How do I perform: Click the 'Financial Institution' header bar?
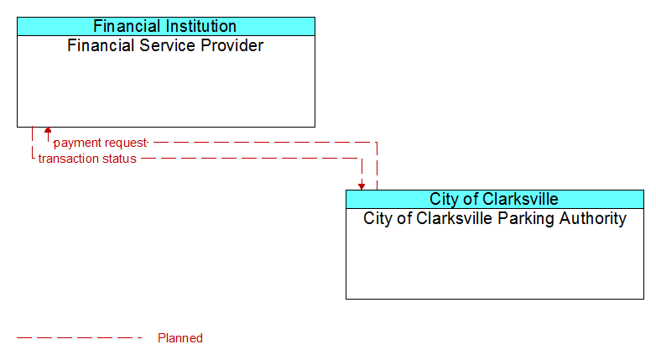coord(166,26)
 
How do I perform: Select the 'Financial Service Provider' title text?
coord(165,45)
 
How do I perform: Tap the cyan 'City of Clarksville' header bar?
coord(494,199)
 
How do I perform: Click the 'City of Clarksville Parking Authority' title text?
coord(494,218)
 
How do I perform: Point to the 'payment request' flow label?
coord(101,143)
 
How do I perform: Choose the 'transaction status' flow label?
coord(87,159)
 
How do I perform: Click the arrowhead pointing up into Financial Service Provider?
coord(48,130)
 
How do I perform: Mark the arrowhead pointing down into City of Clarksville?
coord(362,186)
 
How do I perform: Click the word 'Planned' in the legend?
coord(180,338)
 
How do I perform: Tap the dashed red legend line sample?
coord(80,337)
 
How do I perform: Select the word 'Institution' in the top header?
coord(200,26)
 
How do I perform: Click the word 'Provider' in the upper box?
coord(232,45)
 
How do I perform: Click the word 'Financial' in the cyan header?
coord(127,26)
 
